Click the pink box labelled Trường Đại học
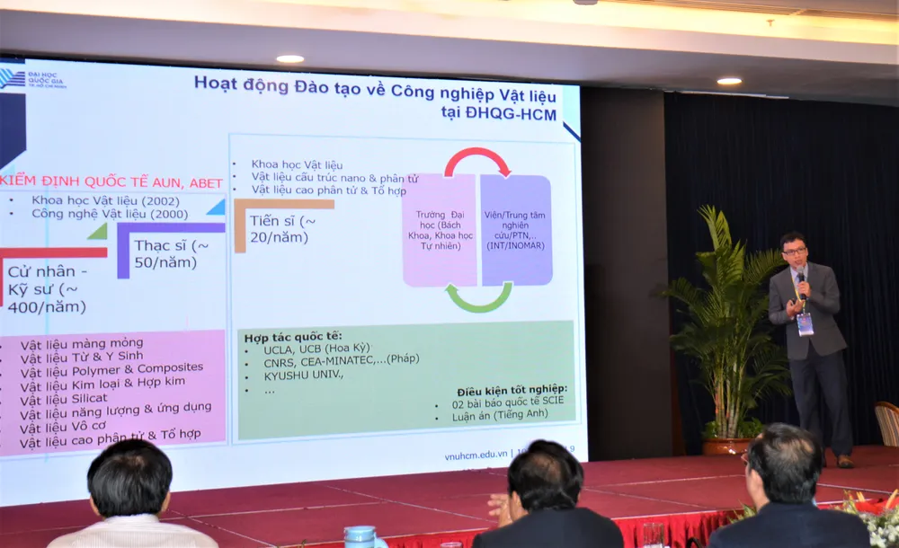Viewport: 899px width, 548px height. [x=438, y=231]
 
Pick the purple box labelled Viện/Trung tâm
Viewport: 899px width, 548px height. [x=515, y=231]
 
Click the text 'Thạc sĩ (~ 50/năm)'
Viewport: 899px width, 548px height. [x=172, y=253]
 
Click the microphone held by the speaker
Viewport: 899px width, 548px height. [x=801, y=286]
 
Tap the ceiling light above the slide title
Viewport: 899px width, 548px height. [x=289, y=59]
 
